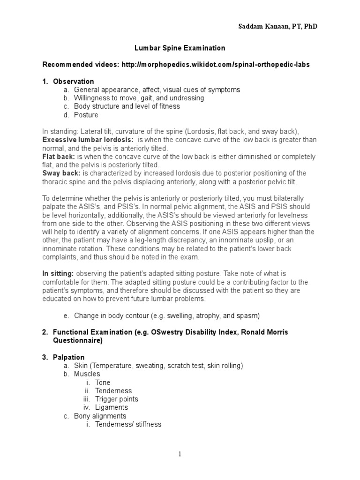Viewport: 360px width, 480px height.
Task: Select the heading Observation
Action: tap(74, 81)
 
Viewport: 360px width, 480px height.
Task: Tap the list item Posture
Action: tap(86, 115)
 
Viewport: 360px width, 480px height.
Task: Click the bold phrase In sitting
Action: tap(58, 273)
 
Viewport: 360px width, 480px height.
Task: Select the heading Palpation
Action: tap(69, 357)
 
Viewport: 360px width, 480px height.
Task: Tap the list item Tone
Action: tap(103, 382)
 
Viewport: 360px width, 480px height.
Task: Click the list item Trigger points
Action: tap(117, 399)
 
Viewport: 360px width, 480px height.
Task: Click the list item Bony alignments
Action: tap(100, 416)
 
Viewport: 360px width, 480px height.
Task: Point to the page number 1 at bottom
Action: tap(180, 454)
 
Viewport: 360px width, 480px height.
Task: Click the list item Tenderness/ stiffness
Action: tap(128, 425)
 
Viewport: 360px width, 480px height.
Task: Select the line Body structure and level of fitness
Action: tap(127, 106)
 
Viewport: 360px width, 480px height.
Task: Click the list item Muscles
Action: tap(87, 374)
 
